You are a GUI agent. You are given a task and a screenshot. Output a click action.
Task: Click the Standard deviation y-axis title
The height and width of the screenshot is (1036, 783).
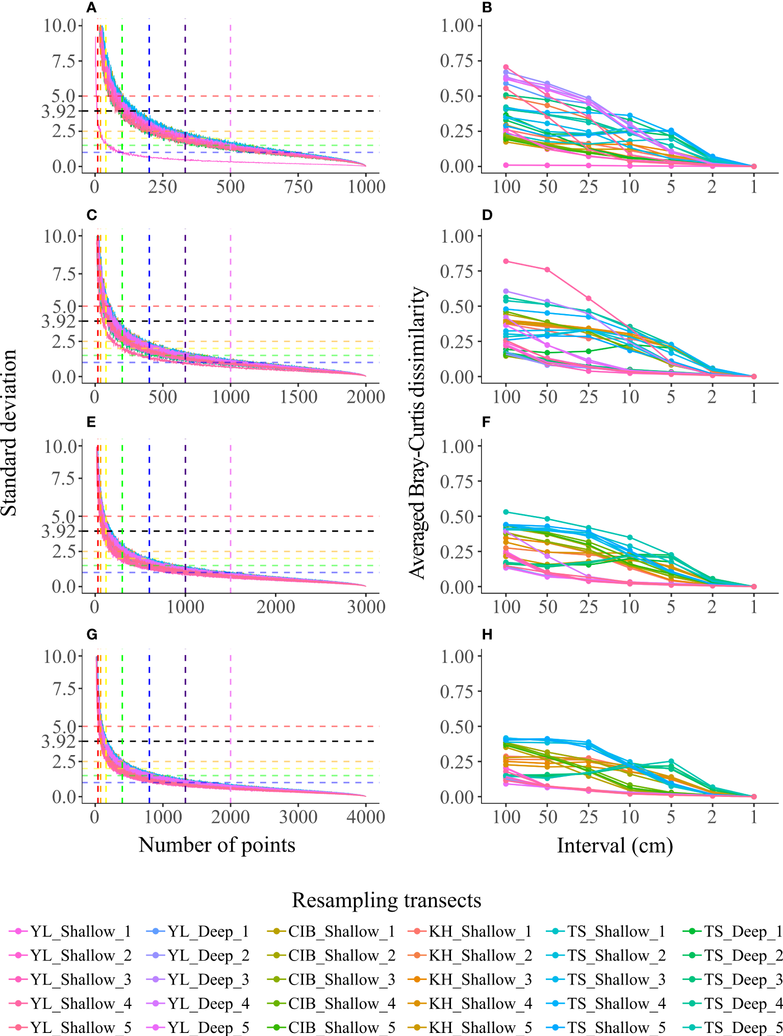pyautogui.click(x=9, y=433)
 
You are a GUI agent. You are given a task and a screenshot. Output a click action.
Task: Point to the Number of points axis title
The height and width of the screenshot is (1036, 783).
pyautogui.click(x=217, y=845)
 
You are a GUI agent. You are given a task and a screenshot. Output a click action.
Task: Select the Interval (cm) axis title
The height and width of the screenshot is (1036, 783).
pyautogui.click(x=615, y=846)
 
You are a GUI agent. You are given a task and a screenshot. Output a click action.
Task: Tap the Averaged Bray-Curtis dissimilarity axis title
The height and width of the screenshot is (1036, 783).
pyautogui.click(x=417, y=433)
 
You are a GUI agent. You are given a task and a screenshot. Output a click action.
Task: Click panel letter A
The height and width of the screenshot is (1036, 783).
pyautogui.click(x=91, y=8)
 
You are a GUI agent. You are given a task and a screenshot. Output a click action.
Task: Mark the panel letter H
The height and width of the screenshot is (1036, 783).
pyautogui.click(x=487, y=635)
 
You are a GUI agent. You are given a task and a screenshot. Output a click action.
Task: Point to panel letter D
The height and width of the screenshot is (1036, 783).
pyautogui.click(x=487, y=215)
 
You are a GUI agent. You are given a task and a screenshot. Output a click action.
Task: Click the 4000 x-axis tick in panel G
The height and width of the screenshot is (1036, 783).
pyautogui.click(x=365, y=817)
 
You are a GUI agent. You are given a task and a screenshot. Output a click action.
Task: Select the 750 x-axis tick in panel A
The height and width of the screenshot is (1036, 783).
pyautogui.click(x=298, y=187)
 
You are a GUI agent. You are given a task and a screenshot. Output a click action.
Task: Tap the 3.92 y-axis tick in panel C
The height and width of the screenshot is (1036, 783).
pyautogui.click(x=59, y=322)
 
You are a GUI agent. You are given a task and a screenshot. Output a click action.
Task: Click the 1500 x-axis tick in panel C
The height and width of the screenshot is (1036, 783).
pyautogui.click(x=298, y=397)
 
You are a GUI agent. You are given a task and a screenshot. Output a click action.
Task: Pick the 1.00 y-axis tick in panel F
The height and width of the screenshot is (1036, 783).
pyautogui.click(x=457, y=447)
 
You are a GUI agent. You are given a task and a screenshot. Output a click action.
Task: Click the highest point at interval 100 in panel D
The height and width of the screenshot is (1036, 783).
pyautogui.click(x=506, y=261)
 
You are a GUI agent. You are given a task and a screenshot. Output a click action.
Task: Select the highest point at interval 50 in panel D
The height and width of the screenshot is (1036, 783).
pyautogui.click(x=547, y=270)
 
